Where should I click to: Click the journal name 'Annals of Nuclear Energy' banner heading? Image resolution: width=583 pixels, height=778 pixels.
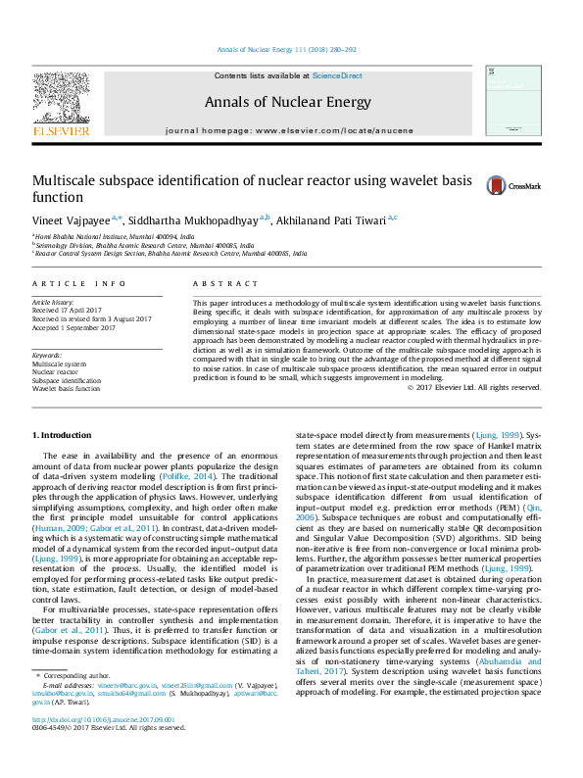(x=288, y=102)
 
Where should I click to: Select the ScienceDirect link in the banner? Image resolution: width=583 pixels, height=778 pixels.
(x=337, y=75)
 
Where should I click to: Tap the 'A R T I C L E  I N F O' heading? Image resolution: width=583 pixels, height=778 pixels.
(x=79, y=283)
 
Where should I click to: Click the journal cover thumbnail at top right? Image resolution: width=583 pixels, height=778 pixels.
(x=517, y=103)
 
